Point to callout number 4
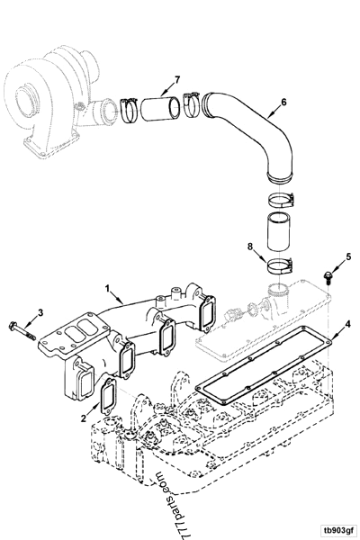(x=347, y=323)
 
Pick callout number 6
(x=284, y=103)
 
